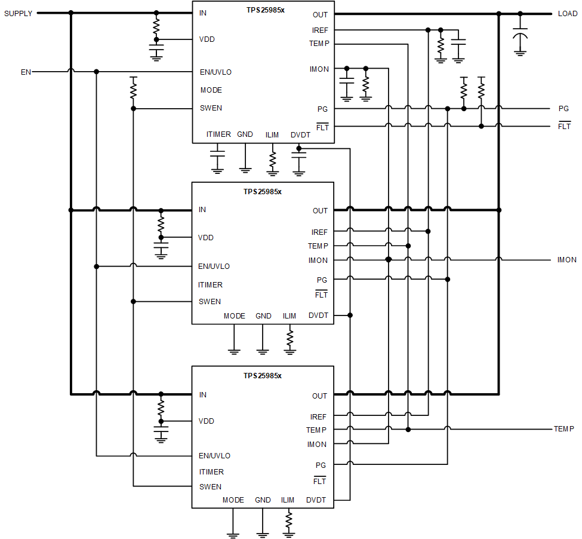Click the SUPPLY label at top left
[x=19, y=13]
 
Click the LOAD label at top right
[x=567, y=14]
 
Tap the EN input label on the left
[x=26, y=72]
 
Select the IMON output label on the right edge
[x=566, y=260]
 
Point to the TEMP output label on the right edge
[x=563, y=429]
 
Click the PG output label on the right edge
[x=563, y=109]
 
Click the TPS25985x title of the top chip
[x=265, y=10]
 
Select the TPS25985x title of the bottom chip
[x=262, y=376]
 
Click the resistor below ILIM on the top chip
[x=273, y=160]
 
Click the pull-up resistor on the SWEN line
[x=133, y=90]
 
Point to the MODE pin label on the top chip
[x=211, y=90]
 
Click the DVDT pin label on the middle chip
[x=318, y=316]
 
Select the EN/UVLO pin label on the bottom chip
[x=214, y=456]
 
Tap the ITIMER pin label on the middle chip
[x=210, y=285]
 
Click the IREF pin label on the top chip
[x=319, y=30]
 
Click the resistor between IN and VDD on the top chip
[x=156, y=26]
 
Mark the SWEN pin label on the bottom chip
[x=210, y=487]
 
